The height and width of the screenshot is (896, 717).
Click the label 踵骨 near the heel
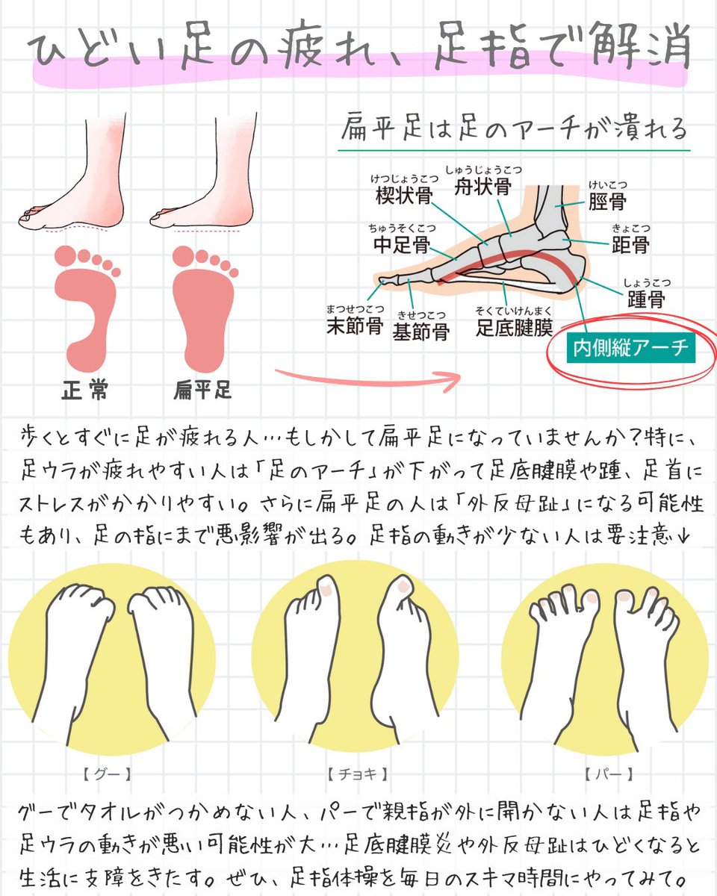tap(645, 299)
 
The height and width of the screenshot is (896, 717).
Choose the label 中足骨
tap(400, 244)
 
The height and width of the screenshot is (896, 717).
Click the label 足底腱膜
tap(515, 327)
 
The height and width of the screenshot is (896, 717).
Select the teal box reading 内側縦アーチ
tap(630, 349)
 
